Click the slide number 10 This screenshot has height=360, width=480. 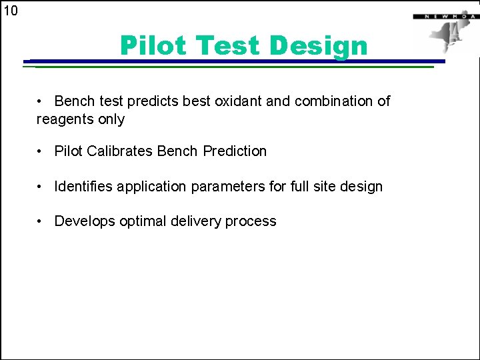[11, 11]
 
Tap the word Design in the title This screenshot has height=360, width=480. [319, 46]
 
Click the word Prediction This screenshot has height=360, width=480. [235, 151]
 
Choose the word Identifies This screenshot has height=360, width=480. [84, 187]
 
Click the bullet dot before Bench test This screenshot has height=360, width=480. [41, 101]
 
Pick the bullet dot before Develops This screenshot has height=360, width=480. [41, 221]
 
